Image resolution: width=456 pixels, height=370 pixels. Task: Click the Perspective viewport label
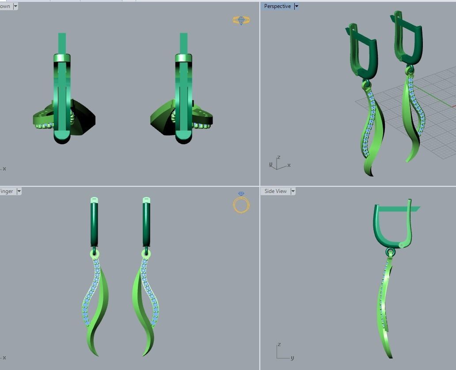coord(277,6)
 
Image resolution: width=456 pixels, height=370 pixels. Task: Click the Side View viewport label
coord(275,191)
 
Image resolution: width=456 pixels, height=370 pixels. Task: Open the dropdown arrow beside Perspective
coord(296,6)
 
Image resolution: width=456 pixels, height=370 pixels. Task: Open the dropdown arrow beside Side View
coord(293,191)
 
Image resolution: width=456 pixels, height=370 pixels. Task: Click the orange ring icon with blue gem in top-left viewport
coord(241,20)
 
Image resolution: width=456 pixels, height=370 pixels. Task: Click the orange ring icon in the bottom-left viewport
coord(241,204)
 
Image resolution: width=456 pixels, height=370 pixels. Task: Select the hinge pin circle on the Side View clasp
coord(401,245)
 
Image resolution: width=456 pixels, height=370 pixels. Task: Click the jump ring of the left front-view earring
coord(95,254)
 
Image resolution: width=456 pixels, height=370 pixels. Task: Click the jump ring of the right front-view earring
coord(146,254)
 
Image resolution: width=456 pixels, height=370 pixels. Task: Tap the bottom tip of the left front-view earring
coord(97,355)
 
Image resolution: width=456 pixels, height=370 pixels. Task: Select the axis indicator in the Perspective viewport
coord(277,164)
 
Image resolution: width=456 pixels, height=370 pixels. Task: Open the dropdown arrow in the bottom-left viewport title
coord(19,191)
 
